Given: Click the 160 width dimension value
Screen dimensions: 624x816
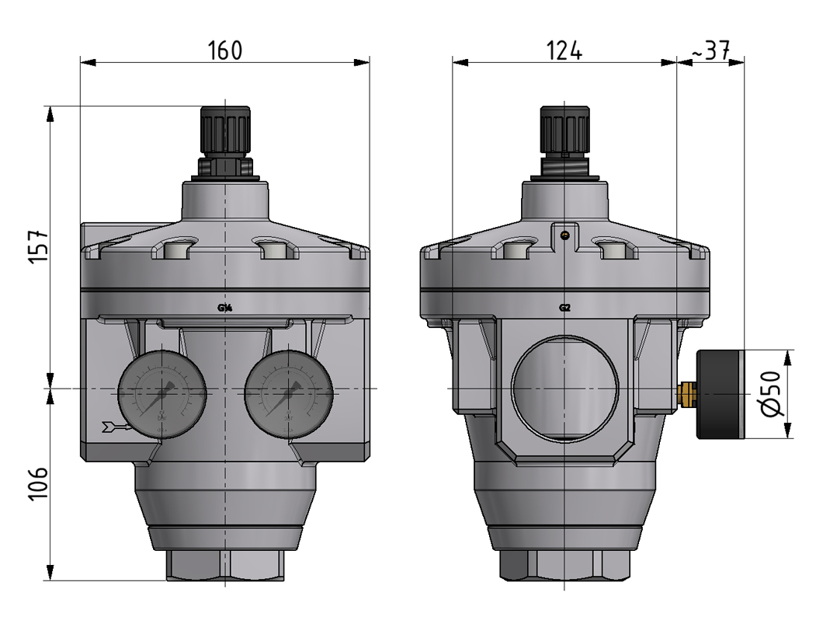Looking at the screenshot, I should pyautogui.click(x=225, y=51).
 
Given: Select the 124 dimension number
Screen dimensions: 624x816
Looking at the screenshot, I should pyautogui.click(x=564, y=51).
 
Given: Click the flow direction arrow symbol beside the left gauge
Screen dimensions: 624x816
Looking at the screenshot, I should pyautogui.click(x=112, y=425).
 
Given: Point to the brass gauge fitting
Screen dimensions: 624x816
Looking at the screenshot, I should pyautogui.click(x=686, y=393).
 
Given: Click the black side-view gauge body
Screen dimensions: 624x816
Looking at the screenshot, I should pyautogui.click(x=721, y=395).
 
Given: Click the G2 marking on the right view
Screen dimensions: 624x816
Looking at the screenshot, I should pyautogui.click(x=565, y=308).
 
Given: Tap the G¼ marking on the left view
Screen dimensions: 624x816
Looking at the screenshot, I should pyautogui.click(x=225, y=308).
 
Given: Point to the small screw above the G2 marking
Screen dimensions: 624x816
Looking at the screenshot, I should pyautogui.click(x=565, y=235).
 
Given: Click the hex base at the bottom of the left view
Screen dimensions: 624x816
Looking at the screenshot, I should pyautogui.click(x=225, y=565).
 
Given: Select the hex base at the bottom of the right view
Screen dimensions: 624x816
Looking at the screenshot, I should pyautogui.click(x=564, y=565).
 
